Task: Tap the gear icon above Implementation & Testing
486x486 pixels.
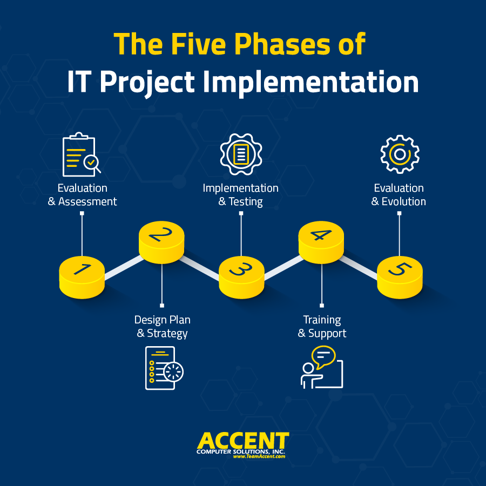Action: (241, 154)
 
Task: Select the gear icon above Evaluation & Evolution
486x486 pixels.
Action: (400, 154)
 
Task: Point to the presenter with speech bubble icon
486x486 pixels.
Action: (321, 367)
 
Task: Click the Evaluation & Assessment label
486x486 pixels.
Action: (82, 195)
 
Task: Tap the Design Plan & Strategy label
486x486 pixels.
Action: (162, 327)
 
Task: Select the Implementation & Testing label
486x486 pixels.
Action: (241, 195)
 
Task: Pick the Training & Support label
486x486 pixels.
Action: (322, 327)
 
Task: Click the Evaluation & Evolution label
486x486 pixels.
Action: (399, 195)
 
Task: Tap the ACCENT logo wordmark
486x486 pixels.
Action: (243, 440)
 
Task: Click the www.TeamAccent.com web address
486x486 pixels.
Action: (259, 456)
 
